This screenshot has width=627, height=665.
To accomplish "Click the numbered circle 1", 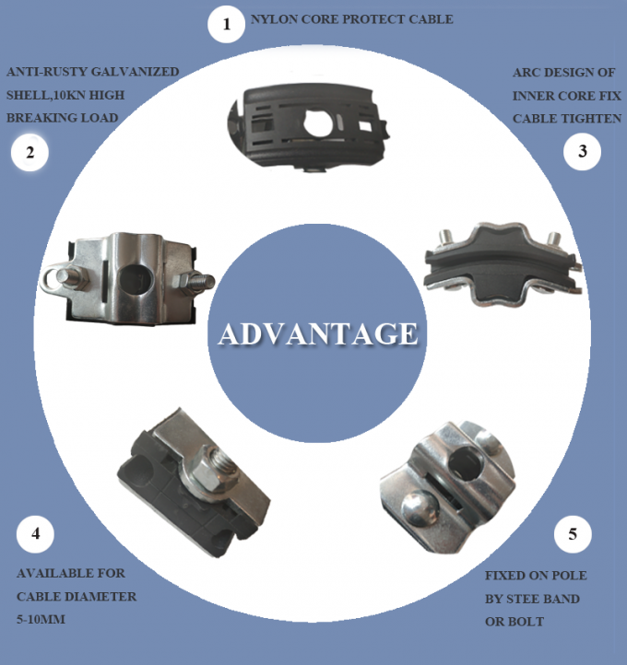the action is [x=226, y=24].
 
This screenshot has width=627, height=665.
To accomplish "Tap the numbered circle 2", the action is [x=30, y=153].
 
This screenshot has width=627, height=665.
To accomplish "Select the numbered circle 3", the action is [x=582, y=151].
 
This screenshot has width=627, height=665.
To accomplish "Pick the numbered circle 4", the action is [x=35, y=534].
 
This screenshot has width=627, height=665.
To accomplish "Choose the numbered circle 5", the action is [x=573, y=534].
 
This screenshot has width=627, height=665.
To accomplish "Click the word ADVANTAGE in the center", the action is [x=318, y=333].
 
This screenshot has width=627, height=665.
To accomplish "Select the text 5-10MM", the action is [x=41, y=620].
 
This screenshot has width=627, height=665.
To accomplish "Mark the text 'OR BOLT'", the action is [x=515, y=622].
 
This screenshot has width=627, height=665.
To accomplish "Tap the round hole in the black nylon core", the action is [x=318, y=123].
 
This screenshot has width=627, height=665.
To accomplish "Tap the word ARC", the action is [x=525, y=73].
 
